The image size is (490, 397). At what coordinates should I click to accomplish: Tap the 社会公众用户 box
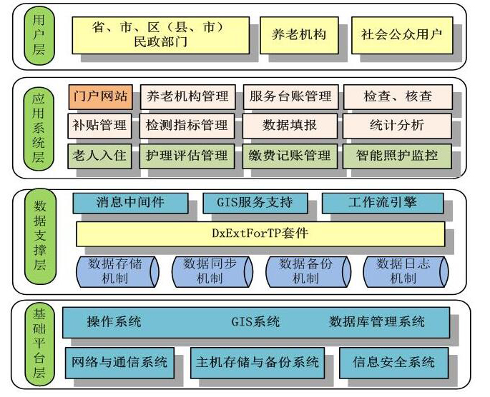tap(402, 35)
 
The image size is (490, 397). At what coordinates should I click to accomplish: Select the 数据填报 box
tap(290, 126)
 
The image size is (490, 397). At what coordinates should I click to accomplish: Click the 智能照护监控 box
tap(398, 155)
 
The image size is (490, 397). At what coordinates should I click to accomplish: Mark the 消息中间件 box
tap(131, 203)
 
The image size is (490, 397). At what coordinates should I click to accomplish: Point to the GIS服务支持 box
tap(255, 203)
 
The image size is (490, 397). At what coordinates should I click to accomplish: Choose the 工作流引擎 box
tap(382, 203)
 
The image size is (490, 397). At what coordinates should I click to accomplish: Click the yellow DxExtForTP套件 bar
tap(260, 233)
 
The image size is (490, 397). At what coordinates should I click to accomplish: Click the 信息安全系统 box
tap(394, 363)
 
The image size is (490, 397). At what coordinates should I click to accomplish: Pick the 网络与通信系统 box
tap(120, 363)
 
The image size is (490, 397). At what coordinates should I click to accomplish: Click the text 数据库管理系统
tap(377, 322)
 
